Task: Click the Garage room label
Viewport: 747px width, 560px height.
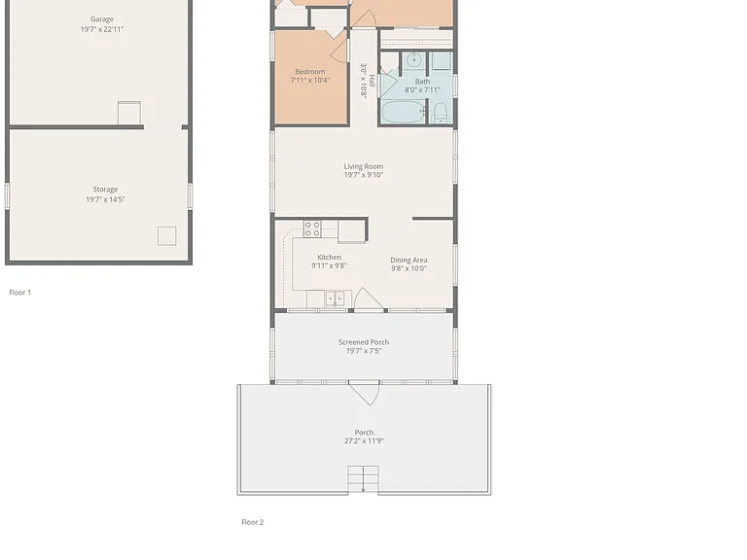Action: click(102, 19)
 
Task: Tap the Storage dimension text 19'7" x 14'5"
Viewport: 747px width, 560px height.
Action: click(105, 199)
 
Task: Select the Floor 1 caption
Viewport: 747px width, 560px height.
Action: click(20, 293)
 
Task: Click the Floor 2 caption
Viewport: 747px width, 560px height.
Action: click(253, 522)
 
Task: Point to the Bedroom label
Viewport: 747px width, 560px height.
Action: click(310, 71)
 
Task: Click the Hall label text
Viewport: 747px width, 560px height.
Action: click(373, 81)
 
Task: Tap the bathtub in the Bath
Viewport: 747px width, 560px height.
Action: click(403, 112)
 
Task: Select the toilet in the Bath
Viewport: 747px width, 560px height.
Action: click(441, 114)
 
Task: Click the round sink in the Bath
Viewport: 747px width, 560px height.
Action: click(414, 60)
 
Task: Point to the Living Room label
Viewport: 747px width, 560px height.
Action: click(364, 166)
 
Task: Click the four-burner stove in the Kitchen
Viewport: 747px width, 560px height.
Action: click(312, 228)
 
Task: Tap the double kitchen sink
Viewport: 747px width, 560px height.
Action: click(335, 298)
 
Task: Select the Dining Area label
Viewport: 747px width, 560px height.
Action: click(409, 260)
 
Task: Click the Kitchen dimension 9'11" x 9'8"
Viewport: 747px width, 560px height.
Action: click(329, 265)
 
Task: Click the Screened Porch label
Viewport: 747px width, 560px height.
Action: click(364, 342)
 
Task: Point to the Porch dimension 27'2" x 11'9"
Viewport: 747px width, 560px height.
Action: click(364, 441)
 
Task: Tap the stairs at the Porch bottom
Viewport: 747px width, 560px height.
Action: click(363, 479)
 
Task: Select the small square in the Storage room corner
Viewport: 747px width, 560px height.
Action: click(166, 235)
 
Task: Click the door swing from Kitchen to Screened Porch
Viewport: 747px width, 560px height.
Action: click(368, 299)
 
